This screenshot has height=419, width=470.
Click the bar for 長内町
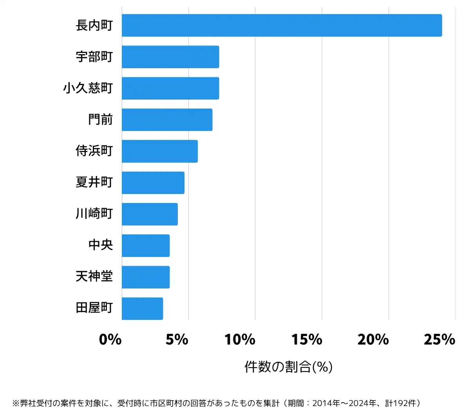click(x=282, y=25)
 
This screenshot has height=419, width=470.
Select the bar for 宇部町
click(x=170, y=57)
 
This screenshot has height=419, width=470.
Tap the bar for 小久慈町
click(x=170, y=88)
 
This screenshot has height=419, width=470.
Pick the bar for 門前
click(x=167, y=120)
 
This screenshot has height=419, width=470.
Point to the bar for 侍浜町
click(x=159, y=151)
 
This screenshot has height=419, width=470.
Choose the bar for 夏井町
click(x=153, y=183)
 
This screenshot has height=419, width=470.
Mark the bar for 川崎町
click(x=150, y=214)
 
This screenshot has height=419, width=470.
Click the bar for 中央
click(x=146, y=246)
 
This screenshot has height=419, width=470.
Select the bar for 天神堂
click(x=146, y=277)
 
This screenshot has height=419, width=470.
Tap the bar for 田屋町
click(x=142, y=308)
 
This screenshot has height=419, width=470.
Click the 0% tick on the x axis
click(x=110, y=339)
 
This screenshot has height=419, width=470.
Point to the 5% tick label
click(x=177, y=339)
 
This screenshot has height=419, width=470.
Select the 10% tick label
click(x=240, y=339)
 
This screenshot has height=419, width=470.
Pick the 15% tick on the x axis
click(x=307, y=339)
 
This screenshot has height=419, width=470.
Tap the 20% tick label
click(x=373, y=339)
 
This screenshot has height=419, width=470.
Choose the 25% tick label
click(x=440, y=339)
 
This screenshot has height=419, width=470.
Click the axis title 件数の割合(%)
click(x=289, y=367)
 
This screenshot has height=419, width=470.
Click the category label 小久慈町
click(x=88, y=88)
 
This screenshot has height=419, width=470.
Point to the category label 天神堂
click(x=94, y=277)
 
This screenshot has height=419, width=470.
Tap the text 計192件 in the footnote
click(x=401, y=403)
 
